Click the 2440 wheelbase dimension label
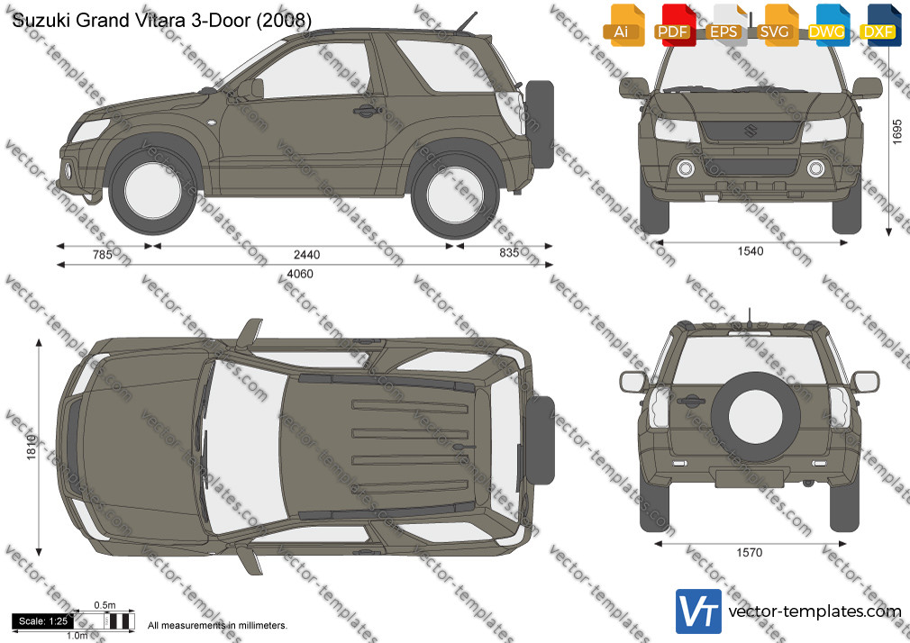(x=306, y=255)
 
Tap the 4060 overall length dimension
(x=299, y=274)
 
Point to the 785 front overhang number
(x=102, y=255)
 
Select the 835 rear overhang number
(x=509, y=252)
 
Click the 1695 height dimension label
(x=897, y=131)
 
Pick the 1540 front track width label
(x=751, y=251)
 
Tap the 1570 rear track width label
(x=750, y=552)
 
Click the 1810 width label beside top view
(x=32, y=447)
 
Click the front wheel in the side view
(x=152, y=192)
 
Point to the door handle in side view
(x=368, y=110)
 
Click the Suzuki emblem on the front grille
(x=751, y=131)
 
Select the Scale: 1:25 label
(x=43, y=621)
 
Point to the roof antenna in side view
(x=467, y=22)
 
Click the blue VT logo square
(x=699, y=611)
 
